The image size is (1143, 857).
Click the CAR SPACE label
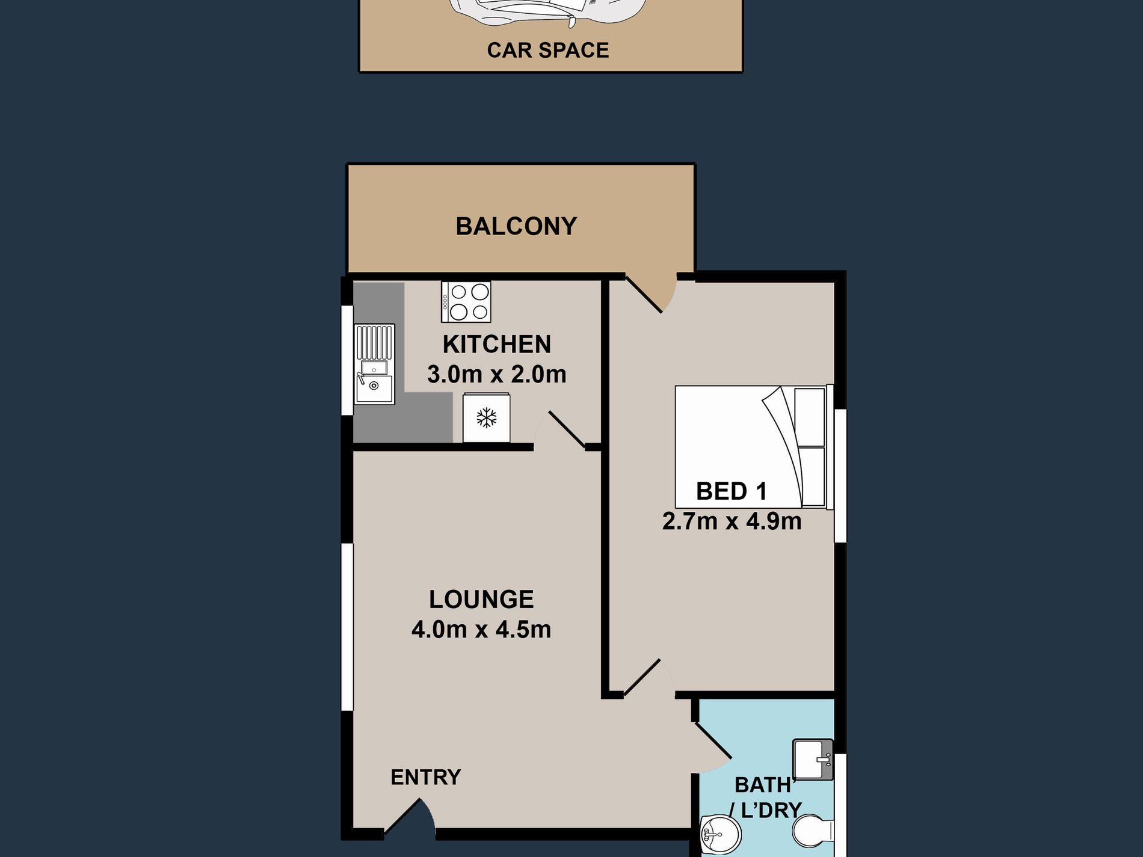[x=547, y=50]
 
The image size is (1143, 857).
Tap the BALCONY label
[x=516, y=226]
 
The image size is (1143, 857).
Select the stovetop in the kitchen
[x=466, y=302]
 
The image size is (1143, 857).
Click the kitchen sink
[x=374, y=364]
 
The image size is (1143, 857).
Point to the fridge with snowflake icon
[x=486, y=417]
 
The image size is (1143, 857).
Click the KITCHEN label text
[x=497, y=345]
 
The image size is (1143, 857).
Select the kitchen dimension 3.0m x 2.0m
[x=497, y=374]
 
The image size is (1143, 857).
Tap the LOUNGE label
[x=481, y=600]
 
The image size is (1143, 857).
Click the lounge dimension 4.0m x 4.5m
[x=481, y=629]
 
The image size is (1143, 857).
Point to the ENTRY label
[x=426, y=777]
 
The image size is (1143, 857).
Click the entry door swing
[x=410, y=817]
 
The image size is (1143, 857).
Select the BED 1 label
[x=732, y=491]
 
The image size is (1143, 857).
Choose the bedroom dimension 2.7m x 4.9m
[x=732, y=521]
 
